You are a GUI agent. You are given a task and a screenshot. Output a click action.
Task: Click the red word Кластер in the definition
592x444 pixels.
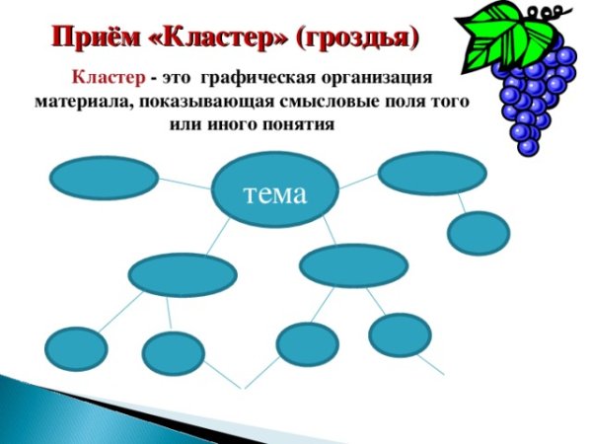click(x=108, y=78)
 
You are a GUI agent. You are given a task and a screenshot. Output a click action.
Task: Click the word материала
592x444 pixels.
click(x=85, y=103)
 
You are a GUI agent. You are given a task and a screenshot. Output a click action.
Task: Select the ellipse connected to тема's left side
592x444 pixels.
click(x=104, y=179)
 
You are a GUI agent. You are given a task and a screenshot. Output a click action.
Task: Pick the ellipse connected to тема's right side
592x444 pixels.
click(x=432, y=172)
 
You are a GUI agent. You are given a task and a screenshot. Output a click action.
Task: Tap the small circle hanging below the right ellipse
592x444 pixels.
click(x=479, y=233)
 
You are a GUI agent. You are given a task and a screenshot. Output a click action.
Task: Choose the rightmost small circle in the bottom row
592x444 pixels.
click(x=400, y=334)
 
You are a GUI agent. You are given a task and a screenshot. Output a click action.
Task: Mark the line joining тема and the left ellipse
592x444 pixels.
click(x=185, y=184)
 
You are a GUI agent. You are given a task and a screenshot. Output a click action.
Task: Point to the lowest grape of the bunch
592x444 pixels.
click(x=528, y=145)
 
